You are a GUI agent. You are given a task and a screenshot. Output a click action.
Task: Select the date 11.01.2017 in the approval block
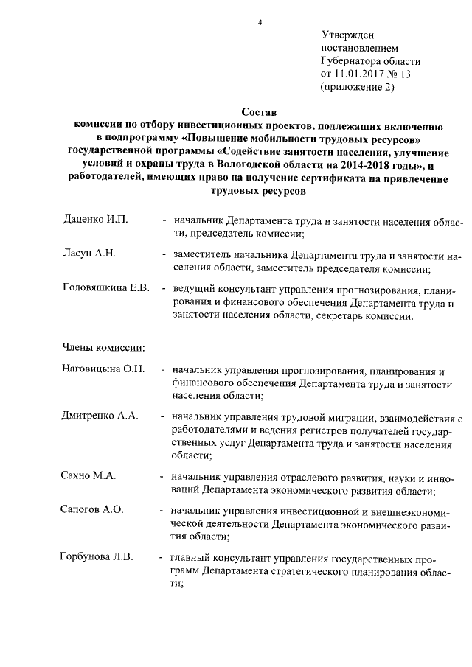[359, 74]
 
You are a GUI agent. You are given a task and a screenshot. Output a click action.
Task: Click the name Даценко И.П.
[96, 220]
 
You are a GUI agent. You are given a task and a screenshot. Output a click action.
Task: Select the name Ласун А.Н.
[89, 254]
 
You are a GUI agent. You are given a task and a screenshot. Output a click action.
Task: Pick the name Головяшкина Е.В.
[106, 287]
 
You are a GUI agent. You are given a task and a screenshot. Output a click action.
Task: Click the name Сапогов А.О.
[91, 509]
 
